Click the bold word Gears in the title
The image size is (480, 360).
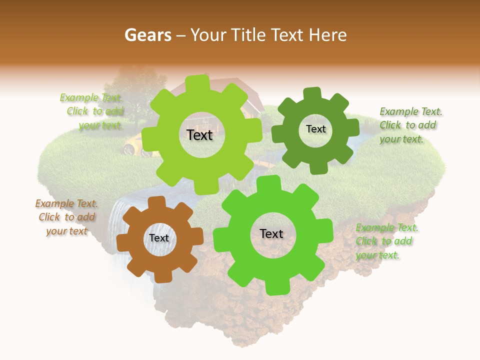pos(147,35)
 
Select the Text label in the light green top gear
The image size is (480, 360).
pos(199,135)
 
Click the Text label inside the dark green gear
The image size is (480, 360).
pos(315,129)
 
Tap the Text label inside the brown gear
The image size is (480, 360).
pos(159,238)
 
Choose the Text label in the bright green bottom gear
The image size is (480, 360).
pos(271,233)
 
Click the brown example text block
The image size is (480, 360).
pos(66,217)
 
